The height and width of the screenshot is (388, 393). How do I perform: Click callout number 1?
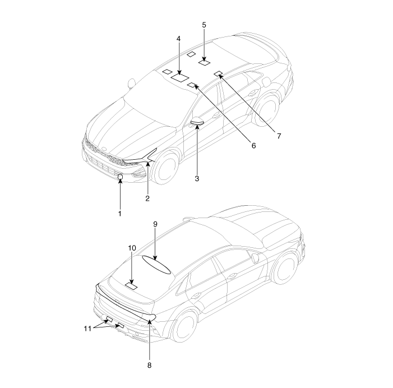[120, 214]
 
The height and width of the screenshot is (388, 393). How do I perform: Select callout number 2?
[147, 198]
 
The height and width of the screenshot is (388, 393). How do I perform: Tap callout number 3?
[197, 178]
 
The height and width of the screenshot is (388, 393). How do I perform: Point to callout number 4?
[178, 39]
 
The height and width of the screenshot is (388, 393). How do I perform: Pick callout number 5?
[204, 25]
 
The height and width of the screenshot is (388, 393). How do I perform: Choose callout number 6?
[253, 145]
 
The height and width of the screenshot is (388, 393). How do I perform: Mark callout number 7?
[279, 136]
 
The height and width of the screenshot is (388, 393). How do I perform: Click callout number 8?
[149, 365]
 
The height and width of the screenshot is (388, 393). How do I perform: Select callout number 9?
[155, 224]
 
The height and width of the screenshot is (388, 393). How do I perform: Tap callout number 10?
[132, 248]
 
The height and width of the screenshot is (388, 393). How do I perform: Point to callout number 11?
[87, 329]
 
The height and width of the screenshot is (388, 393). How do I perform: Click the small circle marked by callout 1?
[121, 177]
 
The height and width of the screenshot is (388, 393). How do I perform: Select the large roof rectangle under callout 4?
[180, 77]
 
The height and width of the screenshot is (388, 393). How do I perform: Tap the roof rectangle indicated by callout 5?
[204, 62]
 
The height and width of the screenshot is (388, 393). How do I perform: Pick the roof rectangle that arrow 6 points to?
[192, 85]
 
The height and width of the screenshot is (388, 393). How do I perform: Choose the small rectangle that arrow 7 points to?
[219, 73]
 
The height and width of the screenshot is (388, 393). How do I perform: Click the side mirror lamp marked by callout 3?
[197, 123]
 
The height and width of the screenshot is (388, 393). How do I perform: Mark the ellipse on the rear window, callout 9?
[156, 265]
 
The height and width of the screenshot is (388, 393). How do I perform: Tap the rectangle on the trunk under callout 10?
[131, 286]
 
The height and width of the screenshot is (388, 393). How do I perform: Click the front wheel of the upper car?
[165, 169]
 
